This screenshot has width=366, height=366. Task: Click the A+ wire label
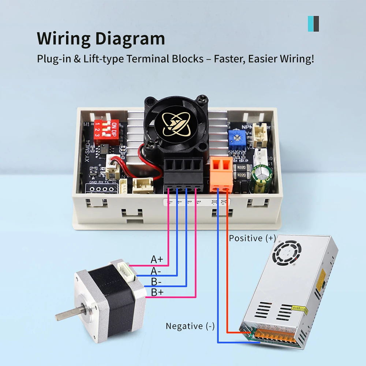pos(157,259)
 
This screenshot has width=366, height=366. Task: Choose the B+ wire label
pos(157,292)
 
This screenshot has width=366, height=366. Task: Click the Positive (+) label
pos(252,238)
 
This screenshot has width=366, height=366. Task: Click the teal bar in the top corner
pos(310,23)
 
